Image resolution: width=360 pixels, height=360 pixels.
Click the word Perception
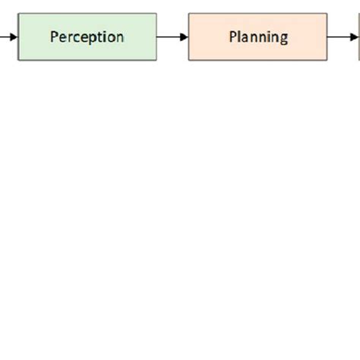(x=87, y=36)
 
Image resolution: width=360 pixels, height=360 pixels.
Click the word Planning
(x=258, y=36)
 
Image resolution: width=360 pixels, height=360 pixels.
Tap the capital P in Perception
(x=55, y=36)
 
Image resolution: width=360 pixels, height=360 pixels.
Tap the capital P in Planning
(x=233, y=36)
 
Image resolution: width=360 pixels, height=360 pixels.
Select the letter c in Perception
(x=81, y=37)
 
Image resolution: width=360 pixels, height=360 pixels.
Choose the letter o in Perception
(x=111, y=37)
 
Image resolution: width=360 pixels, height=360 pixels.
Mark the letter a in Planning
(x=247, y=37)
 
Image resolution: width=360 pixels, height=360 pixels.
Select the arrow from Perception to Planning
(x=172, y=36)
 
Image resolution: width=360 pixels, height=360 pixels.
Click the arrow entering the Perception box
(x=8, y=36)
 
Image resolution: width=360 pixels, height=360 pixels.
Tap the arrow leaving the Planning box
(x=343, y=36)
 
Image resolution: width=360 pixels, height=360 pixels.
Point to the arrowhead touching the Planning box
(x=185, y=36)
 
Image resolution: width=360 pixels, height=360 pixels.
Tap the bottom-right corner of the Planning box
(x=327, y=60)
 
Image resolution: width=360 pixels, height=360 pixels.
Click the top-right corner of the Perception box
(x=156, y=13)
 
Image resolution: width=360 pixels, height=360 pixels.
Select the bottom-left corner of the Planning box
(x=188, y=60)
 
